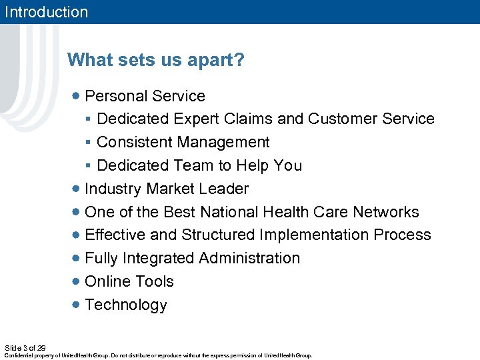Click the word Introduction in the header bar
pyautogui.click(x=46, y=12)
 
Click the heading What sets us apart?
pyautogui.click(x=156, y=61)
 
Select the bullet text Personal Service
pyautogui.click(x=145, y=96)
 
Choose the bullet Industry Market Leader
pyautogui.click(x=167, y=189)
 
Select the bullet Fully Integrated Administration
pyautogui.click(x=192, y=258)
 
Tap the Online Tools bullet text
pyautogui.click(x=129, y=281)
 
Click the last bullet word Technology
pyautogui.click(x=126, y=305)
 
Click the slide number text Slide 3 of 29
pyautogui.click(x=25, y=348)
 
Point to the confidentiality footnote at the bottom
pyautogui.click(x=158, y=355)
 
